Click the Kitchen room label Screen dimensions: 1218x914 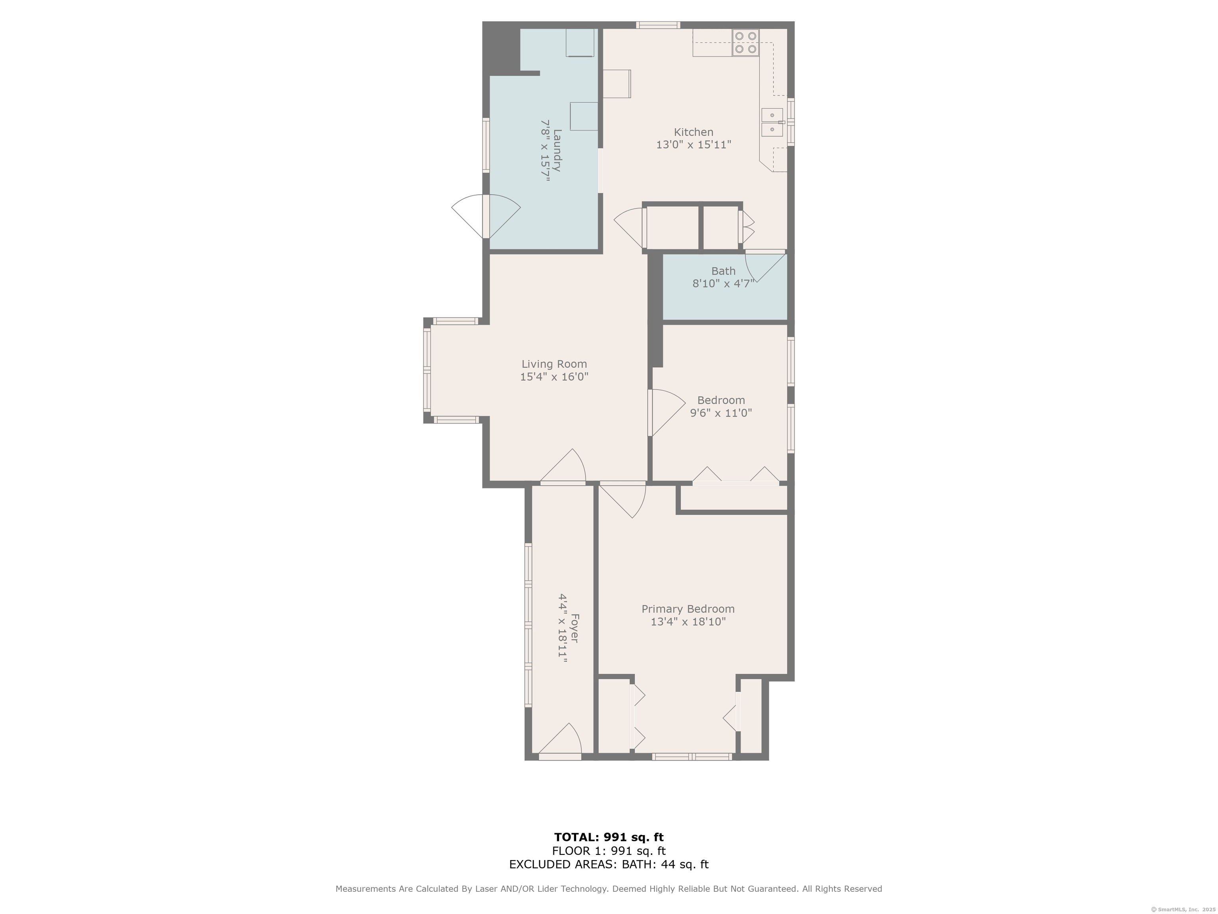693,132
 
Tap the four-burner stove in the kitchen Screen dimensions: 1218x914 745,42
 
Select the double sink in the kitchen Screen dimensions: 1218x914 772,122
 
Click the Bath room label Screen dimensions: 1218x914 723,271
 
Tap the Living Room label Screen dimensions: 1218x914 554,364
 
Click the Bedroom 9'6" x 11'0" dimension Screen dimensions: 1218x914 721,413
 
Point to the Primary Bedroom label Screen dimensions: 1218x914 688,609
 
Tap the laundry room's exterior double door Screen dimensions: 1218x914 486,215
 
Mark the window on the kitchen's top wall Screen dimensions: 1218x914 658,25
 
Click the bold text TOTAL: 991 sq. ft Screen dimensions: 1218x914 609,838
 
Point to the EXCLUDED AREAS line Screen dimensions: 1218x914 609,864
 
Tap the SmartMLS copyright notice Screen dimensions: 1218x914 1183,909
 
